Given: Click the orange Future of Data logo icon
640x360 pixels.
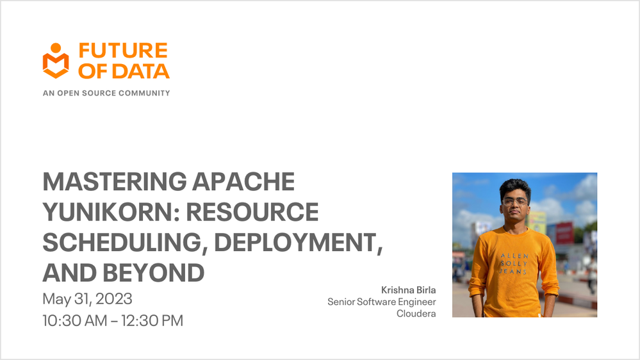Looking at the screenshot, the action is (x=56, y=60).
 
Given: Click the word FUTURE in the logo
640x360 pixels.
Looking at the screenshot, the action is (x=123, y=51).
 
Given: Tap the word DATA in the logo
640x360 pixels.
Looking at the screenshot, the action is (x=141, y=71).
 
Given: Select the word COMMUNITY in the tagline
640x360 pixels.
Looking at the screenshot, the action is (x=145, y=93).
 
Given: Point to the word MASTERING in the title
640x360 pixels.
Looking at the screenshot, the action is (x=115, y=181).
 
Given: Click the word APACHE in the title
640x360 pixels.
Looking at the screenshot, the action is (x=243, y=181).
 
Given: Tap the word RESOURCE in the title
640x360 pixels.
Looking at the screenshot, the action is (x=252, y=212).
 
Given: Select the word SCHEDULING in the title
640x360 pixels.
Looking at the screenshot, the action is (x=122, y=242).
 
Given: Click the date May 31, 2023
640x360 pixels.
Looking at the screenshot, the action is (x=87, y=299).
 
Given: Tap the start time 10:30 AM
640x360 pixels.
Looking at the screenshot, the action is (x=75, y=321).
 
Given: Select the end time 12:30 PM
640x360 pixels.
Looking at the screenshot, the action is (x=152, y=321).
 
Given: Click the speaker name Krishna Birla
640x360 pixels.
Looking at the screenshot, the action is (x=409, y=290).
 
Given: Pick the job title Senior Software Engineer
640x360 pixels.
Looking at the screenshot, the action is (x=382, y=302).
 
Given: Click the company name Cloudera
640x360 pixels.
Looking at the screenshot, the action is (x=416, y=313).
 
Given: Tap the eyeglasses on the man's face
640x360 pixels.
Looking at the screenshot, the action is (x=515, y=202).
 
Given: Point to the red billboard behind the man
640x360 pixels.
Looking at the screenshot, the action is (x=564, y=233).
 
